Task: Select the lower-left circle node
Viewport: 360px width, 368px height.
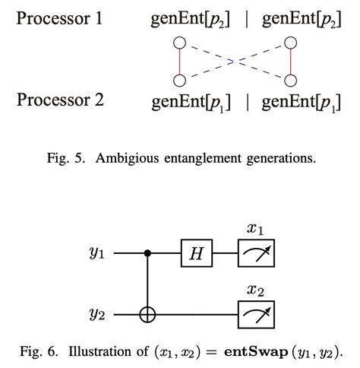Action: coord(179,80)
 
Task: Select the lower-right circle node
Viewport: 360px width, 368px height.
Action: coord(289,80)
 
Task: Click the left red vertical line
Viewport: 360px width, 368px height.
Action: coord(179,61)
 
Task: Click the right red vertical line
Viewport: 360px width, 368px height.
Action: coord(289,61)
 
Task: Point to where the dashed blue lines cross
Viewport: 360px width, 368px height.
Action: coord(234,61)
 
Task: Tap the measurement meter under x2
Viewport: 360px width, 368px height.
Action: coord(254,313)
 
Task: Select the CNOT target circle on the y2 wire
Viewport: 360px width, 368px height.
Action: coord(147,313)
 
